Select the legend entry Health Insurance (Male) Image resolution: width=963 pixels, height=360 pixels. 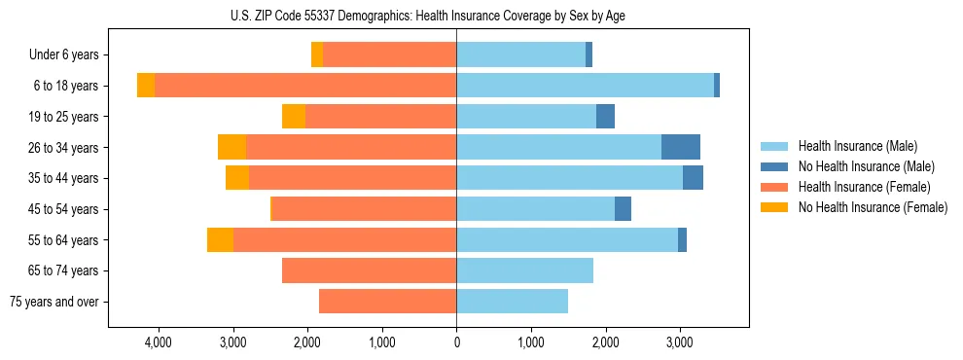tap(857, 146)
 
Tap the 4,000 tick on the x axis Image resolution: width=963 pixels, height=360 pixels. tap(158, 342)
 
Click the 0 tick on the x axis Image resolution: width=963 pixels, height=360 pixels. tap(456, 342)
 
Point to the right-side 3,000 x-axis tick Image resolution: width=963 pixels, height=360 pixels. tap(679, 342)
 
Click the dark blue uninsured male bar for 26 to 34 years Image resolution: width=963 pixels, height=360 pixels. tap(681, 147)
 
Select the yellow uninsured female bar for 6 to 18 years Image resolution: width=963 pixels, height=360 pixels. tap(146, 86)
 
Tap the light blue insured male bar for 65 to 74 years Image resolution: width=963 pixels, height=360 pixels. tap(524, 270)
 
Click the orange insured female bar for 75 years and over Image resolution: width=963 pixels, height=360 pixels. tap(387, 302)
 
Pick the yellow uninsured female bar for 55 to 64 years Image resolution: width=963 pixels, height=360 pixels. tap(220, 240)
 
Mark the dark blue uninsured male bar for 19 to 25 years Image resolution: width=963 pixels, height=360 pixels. tap(605, 117)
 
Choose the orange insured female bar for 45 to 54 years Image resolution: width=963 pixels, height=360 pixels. tap(363, 209)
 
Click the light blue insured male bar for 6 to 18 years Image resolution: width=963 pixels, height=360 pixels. tap(585, 86)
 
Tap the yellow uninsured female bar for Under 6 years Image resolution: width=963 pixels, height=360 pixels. tap(317, 55)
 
